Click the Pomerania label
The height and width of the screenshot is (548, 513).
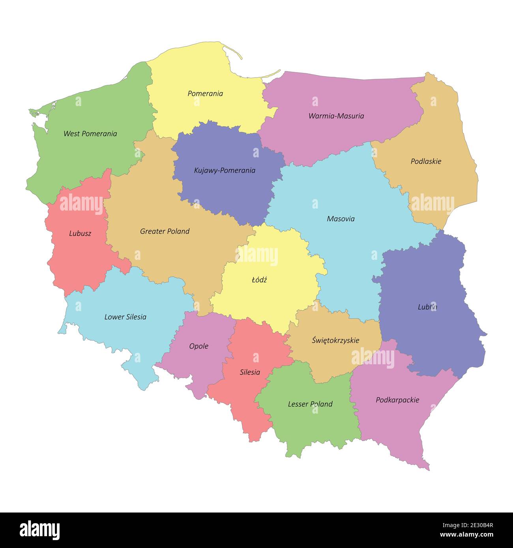[x=205, y=93]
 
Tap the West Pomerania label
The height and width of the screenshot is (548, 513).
[x=90, y=134]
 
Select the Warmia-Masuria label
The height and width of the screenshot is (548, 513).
[x=336, y=116]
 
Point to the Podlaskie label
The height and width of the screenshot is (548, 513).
[x=426, y=161]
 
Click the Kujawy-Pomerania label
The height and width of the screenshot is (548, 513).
[x=225, y=170]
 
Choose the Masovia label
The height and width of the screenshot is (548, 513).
[x=341, y=219]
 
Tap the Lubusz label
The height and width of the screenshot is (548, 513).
[x=80, y=233]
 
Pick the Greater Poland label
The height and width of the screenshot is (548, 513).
[x=165, y=231]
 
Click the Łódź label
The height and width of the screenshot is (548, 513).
[x=259, y=280]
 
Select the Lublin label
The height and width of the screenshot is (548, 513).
[x=427, y=307]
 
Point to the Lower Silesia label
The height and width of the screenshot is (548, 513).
[x=125, y=317]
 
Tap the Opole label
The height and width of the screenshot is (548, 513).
[x=198, y=346]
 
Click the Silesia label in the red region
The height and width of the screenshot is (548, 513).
[x=250, y=372]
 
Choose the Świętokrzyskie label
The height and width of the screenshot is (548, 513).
[x=335, y=340]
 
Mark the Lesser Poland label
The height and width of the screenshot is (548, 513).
[x=310, y=404]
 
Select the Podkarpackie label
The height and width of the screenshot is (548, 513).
[x=397, y=400]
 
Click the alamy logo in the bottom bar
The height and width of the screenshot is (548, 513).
[x=39, y=530]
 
